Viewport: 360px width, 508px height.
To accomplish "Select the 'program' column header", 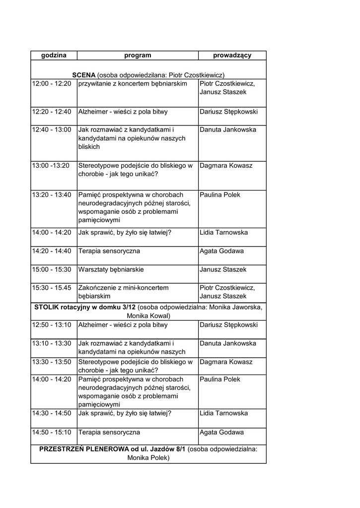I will pyautogui.click(x=138, y=56).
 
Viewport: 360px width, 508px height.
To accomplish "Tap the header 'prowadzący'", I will pyautogui.click(x=232, y=56).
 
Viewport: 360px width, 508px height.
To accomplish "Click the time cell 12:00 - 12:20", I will pyautogui.click(x=52, y=83).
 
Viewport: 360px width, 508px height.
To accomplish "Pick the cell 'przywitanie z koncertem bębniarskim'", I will pyautogui.click(x=133, y=83).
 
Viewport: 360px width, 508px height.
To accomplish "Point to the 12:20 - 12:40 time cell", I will pyautogui.click(x=52, y=111).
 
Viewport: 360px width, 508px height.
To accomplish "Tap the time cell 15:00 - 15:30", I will pyautogui.click(x=52, y=269).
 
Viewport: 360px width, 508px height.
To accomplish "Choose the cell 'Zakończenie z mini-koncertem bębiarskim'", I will pyautogui.click(x=124, y=292).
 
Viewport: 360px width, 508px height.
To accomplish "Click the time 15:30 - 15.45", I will pyautogui.click(x=52, y=288).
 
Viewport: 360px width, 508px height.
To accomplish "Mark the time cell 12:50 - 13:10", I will pyautogui.click(x=52, y=325).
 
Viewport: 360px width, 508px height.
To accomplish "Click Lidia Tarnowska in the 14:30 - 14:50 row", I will pyautogui.click(x=223, y=413).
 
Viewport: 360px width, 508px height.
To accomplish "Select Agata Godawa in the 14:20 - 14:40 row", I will pyautogui.click(x=221, y=251).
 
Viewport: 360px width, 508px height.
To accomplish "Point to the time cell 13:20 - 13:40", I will pyautogui.click(x=52, y=195).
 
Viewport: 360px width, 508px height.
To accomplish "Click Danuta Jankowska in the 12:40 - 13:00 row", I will pyautogui.click(x=228, y=129).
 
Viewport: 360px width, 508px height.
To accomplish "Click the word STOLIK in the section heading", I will pyautogui.click(x=47, y=307).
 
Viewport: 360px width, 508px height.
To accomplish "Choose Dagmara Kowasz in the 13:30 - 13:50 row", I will pyautogui.click(x=226, y=362).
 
